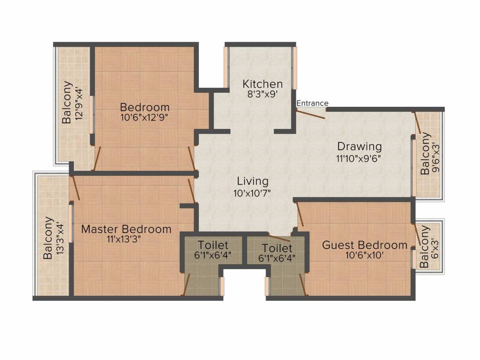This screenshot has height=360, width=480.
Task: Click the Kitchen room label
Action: [262, 84]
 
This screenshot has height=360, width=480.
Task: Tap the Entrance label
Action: [312, 103]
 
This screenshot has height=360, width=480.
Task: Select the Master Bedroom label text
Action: [126, 229]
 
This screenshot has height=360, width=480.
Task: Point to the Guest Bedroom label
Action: [365, 245]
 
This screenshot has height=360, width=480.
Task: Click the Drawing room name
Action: [360, 147]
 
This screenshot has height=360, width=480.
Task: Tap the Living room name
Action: [253, 181]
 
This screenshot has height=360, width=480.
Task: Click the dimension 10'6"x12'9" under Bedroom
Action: [144, 118]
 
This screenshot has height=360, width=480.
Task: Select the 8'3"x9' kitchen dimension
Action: [262, 94]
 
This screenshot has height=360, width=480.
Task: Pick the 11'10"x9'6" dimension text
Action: [358, 158]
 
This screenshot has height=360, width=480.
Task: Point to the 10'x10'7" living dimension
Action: [252, 193]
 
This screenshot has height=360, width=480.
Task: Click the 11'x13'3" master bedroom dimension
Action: [124, 239]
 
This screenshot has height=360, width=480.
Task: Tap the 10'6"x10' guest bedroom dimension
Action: [364, 255]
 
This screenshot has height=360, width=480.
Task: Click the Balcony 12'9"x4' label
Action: [73, 102]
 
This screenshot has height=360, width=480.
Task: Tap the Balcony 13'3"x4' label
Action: [53, 238]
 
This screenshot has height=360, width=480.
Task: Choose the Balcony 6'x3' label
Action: [429, 247]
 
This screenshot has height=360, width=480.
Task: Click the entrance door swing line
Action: [310, 114]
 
